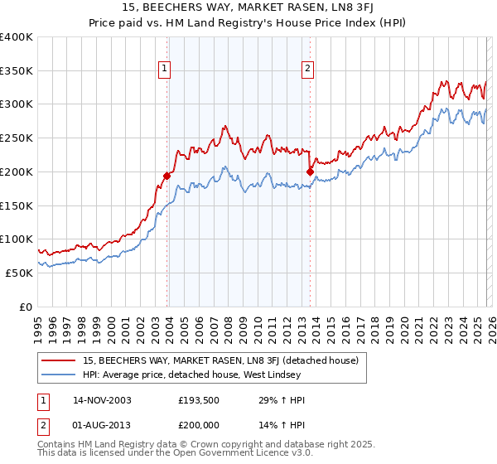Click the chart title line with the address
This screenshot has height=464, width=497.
[248, 8]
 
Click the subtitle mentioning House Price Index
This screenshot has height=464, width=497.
[248, 24]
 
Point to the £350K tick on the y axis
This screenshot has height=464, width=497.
[17, 70]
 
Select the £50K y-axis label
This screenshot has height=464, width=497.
[19, 273]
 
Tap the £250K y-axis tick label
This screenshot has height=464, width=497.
[17, 138]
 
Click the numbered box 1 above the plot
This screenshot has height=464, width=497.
[165, 69]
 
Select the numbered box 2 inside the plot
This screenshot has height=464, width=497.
[307, 69]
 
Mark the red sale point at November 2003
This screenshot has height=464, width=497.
[167, 176]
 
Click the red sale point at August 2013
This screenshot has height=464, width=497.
[310, 172]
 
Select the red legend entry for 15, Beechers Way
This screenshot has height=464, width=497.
[220, 360]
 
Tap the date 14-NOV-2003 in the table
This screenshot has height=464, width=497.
[102, 400]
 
